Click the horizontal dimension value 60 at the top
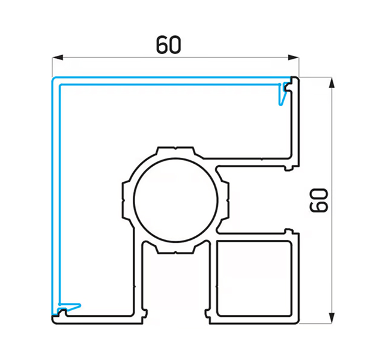pos(169,44)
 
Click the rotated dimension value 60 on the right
pos(319,200)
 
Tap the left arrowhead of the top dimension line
pos(58,57)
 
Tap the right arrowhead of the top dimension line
pos(293,57)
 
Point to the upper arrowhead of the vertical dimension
pos(332,83)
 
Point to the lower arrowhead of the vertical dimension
pos(332,318)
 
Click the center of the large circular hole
pos(175,200)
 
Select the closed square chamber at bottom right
pos(254,278)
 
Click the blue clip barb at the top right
pos(282,94)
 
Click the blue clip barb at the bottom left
pos(70,307)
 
